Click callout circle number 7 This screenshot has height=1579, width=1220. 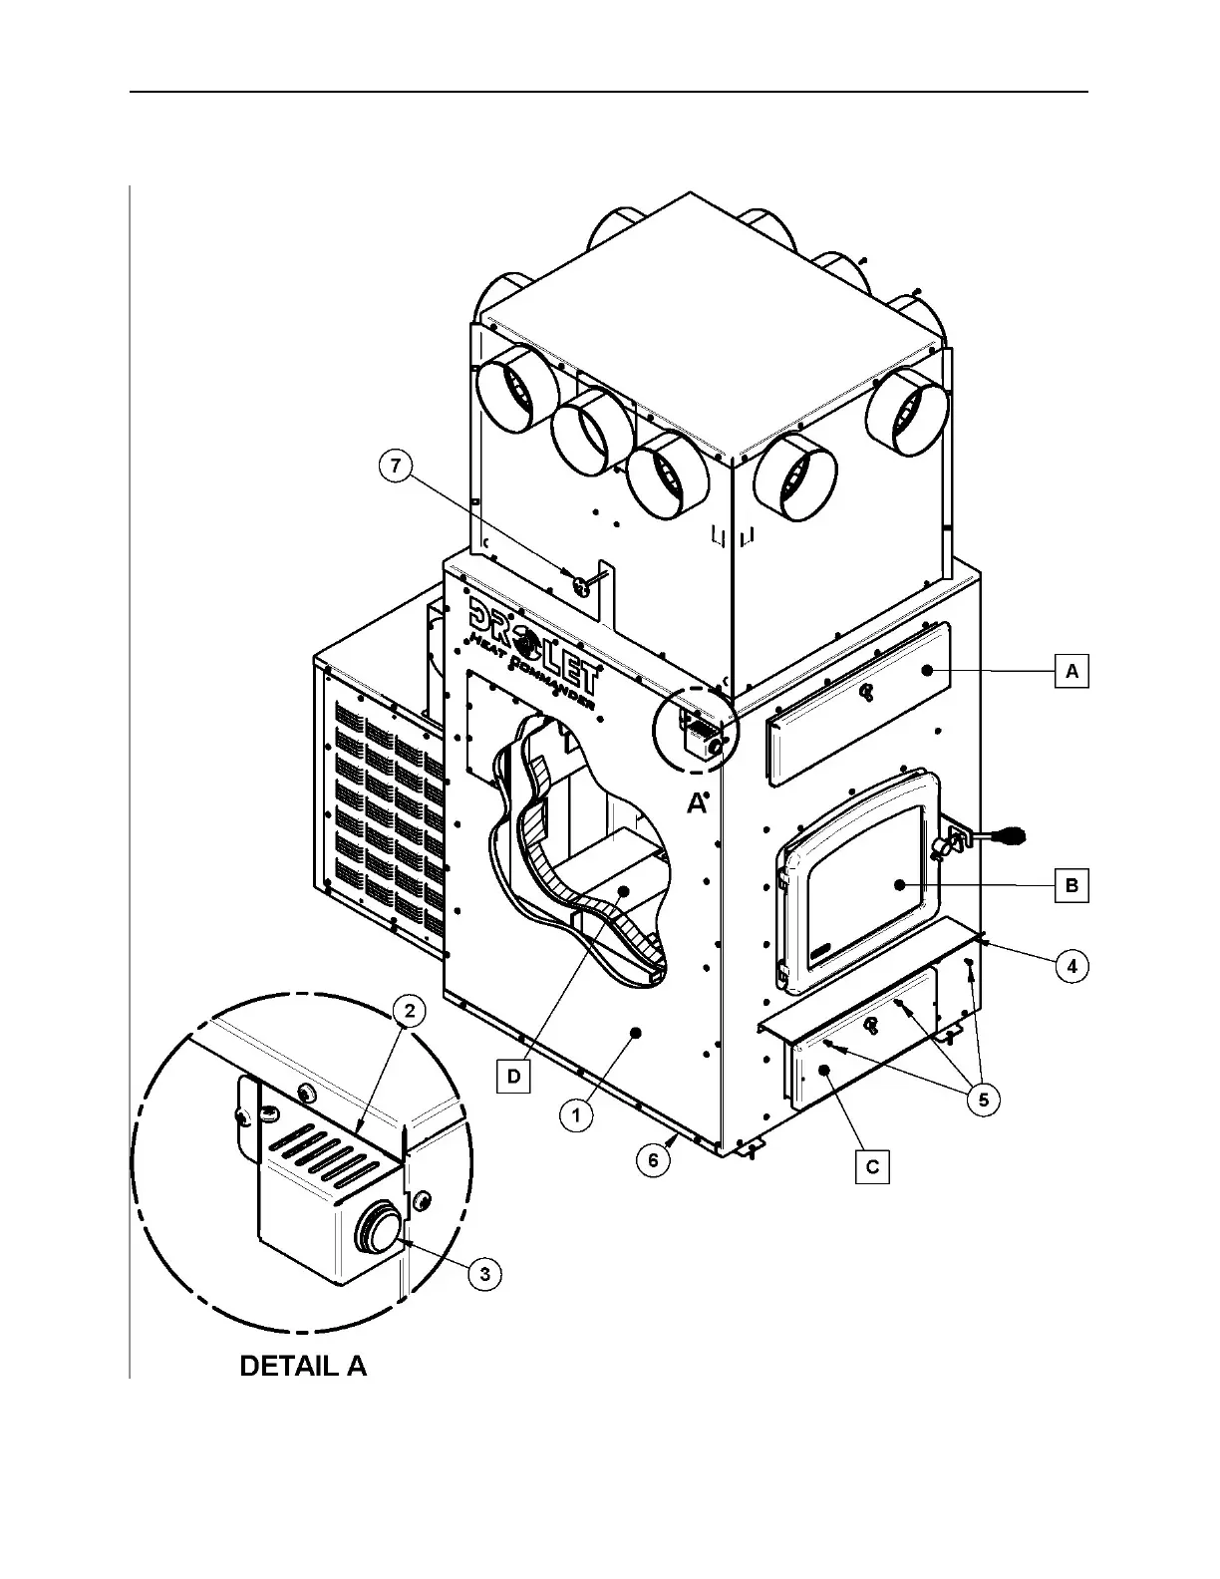pos(397,467)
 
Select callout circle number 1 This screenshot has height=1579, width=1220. pos(576,1114)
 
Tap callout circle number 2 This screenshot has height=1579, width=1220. pos(409,1010)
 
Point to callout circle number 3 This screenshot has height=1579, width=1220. pos(484,1274)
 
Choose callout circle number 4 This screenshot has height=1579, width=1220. pos(1071,966)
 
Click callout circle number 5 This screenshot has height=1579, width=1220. pos(984,1100)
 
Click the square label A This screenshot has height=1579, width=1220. pos(1071,671)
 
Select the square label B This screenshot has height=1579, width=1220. pos(1071,885)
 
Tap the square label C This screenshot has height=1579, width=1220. pos(872,1166)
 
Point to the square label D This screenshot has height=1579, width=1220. pos(513,1077)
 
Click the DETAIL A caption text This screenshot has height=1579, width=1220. pos(303,1366)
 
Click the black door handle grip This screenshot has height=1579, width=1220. pos(1009,832)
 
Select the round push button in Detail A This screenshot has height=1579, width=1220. pos(378,1225)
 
